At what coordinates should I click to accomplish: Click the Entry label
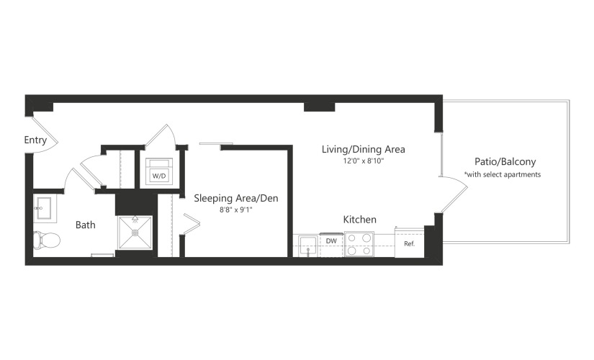[35, 140]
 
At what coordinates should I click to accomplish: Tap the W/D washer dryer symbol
[159, 171]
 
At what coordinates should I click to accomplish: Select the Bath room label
[85, 225]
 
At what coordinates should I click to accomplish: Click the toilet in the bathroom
[47, 240]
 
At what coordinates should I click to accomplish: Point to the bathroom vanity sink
[45, 208]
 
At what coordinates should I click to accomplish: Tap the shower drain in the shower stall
[135, 233]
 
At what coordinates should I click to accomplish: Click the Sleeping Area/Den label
[236, 198]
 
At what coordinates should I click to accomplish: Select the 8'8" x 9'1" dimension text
[236, 210]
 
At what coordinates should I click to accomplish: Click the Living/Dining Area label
[364, 150]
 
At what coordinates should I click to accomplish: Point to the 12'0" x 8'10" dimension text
[364, 161]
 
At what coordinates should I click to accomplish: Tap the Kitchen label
[359, 220]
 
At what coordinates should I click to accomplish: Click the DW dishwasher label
[331, 241]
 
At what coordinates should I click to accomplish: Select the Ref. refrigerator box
[409, 243]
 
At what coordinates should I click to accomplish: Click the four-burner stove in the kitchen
[359, 244]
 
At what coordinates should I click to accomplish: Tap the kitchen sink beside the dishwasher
[308, 246]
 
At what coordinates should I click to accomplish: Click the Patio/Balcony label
[505, 162]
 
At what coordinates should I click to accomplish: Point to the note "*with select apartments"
[503, 175]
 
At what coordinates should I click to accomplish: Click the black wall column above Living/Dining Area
[320, 107]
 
